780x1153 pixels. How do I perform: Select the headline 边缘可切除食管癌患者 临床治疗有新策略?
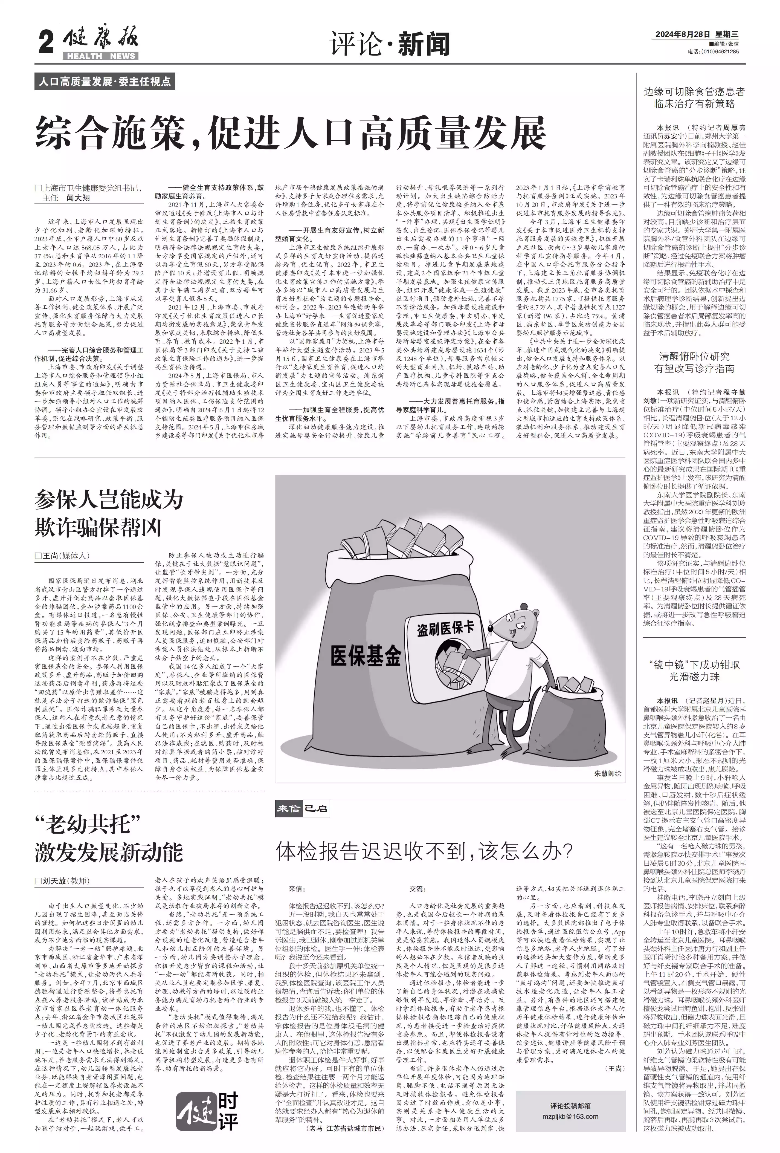pos(694,98)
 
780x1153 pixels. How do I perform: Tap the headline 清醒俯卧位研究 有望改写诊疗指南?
pos(694,362)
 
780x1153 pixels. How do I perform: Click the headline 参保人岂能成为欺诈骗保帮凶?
pos(109,513)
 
